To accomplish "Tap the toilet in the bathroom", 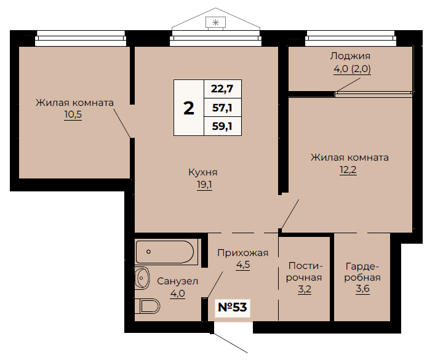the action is [x=147, y=306].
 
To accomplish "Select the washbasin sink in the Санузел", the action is [x=142, y=278].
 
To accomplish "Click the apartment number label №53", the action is [x=233, y=307].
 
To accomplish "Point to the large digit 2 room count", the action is [x=189, y=108].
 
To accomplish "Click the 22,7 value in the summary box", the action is [x=222, y=89].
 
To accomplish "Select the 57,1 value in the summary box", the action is [x=222, y=108].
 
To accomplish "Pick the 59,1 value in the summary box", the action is [x=222, y=126].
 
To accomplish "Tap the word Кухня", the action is [x=203, y=172].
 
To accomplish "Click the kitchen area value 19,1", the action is [x=204, y=185].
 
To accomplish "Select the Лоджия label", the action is [x=350, y=56].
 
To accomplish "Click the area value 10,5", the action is [x=73, y=114].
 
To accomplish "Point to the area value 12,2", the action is [x=348, y=169].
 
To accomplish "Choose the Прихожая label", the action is [x=243, y=253].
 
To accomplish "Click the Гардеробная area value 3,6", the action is [x=362, y=289].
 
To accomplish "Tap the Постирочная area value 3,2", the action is [x=305, y=289].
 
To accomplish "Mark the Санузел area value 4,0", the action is [x=178, y=293].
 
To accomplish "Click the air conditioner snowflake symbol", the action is [x=215, y=23].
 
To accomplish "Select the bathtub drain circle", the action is [x=148, y=252].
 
